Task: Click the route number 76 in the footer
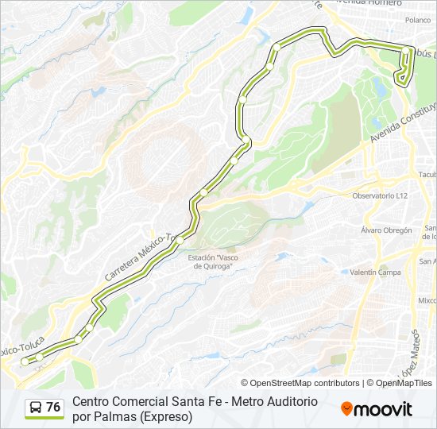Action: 53,408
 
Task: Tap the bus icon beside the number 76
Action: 36,408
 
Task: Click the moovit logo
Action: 377,409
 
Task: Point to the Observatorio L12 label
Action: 380,195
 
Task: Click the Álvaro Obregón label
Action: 386,230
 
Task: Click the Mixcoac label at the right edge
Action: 427,301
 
